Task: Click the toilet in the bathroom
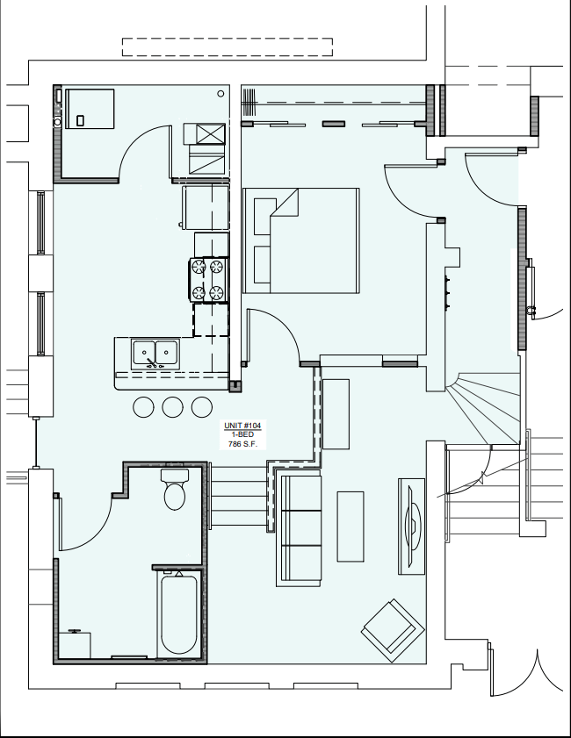tap(175, 489)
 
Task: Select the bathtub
tap(179, 613)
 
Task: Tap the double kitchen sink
tap(155, 353)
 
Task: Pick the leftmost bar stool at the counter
tap(143, 406)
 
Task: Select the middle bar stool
tap(172, 406)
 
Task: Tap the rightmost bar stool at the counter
tap(201, 406)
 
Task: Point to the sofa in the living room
tap(299, 528)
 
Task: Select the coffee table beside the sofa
tap(351, 527)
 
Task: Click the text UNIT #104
tap(241, 426)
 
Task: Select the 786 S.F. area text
tap(241, 444)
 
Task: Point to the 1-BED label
tap(241, 435)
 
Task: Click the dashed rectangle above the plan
tap(227, 47)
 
